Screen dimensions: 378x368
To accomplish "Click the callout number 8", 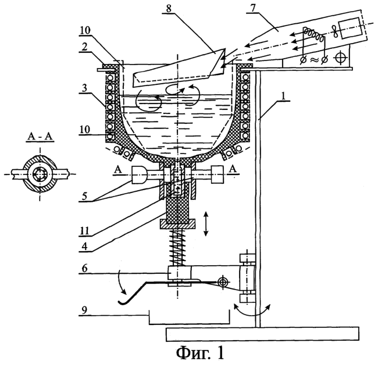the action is click(169, 9).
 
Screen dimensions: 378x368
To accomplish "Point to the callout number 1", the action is click(284, 96).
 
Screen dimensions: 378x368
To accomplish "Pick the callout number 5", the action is click(84, 196).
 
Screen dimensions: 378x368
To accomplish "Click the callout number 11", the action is click(84, 231).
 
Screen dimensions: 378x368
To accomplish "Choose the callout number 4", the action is click(84, 247).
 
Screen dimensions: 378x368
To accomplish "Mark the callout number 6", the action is click(84, 268).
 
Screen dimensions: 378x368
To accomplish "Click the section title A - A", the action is click(40, 137).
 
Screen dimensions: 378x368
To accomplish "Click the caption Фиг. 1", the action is click(200, 355).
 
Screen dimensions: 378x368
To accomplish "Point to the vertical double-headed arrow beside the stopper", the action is click(206, 224).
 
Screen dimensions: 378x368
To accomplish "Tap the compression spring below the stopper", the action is click(177, 247).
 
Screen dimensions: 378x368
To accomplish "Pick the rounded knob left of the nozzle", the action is click(138, 174).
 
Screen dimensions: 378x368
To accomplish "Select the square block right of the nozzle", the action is click(217, 174).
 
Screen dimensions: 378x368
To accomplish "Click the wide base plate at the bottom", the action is click(262, 334).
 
